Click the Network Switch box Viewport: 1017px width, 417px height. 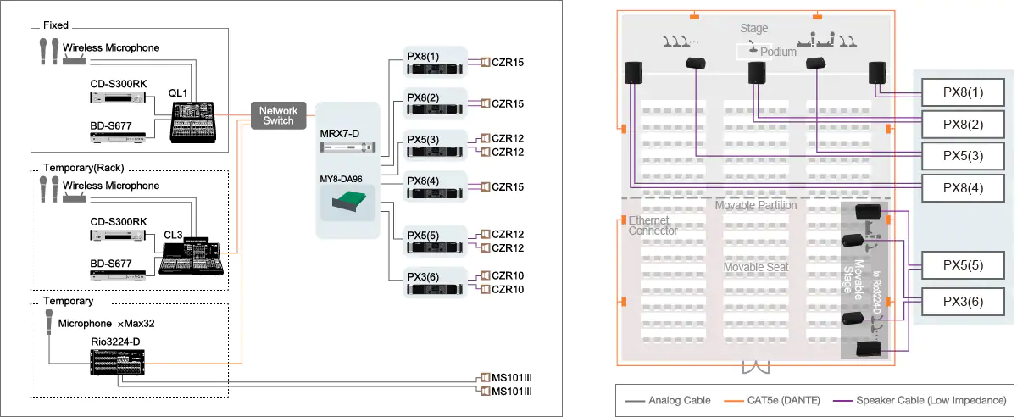[278, 116]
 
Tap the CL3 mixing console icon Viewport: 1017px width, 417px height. [194, 255]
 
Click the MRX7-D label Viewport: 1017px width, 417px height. [341, 134]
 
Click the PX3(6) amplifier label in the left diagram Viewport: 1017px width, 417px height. [422, 275]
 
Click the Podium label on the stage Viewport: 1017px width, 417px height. [778, 52]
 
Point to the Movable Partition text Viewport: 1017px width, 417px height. [755, 206]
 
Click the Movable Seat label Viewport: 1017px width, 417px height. [756, 268]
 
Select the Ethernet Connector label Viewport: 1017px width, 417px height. [653, 225]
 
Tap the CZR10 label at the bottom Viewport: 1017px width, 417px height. [508, 290]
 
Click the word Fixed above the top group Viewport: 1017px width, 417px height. [56, 25]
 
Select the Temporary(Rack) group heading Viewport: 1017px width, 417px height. [83, 168]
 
